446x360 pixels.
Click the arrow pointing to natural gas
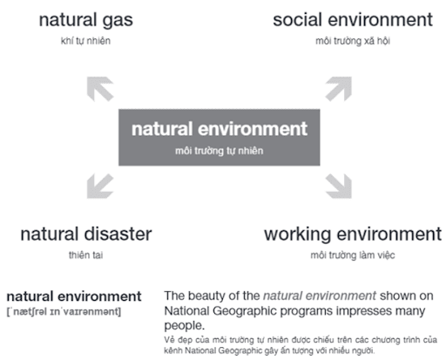tap(100, 89)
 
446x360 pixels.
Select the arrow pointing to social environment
tap(339, 89)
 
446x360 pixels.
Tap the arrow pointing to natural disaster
tap(100, 186)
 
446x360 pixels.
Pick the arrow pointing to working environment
tap(339, 186)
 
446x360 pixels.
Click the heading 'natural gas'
tap(86, 21)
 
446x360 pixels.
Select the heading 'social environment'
tap(353, 20)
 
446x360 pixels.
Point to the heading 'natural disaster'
tap(86, 234)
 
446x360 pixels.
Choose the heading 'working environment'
tap(353, 234)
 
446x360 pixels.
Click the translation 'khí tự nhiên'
tap(85, 41)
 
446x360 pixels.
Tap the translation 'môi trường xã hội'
tap(353, 41)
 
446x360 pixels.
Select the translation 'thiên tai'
tap(86, 255)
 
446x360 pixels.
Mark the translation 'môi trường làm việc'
tap(353, 255)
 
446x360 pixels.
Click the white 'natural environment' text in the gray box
tap(220, 129)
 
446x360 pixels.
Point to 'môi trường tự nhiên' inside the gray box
tap(220, 151)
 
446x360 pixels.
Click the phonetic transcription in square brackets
tap(64, 312)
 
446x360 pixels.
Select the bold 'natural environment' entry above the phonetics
tap(74, 296)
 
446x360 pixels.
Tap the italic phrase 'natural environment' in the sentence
tap(320, 295)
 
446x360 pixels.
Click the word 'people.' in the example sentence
tap(185, 326)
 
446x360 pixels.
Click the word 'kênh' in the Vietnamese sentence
tap(173, 350)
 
